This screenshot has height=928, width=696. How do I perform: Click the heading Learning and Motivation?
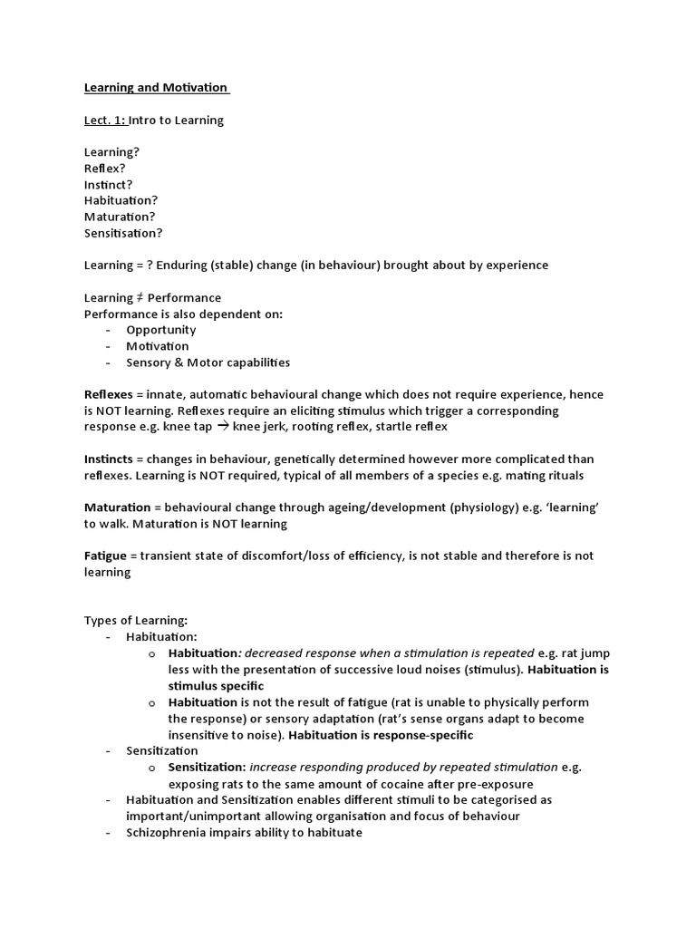[155, 88]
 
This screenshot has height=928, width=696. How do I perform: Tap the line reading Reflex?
[105, 168]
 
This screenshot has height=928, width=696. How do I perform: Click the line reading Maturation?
[120, 217]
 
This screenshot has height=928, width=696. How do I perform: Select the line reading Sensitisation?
[123, 233]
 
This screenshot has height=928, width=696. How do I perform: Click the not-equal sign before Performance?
[139, 297]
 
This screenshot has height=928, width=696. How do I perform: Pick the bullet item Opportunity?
[160, 330]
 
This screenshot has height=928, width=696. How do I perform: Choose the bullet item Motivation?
[157, 346]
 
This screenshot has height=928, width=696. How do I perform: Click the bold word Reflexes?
[108, 395]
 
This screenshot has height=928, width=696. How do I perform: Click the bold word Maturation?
[117, 507]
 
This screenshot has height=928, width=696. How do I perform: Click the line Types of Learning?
[135, 621]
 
